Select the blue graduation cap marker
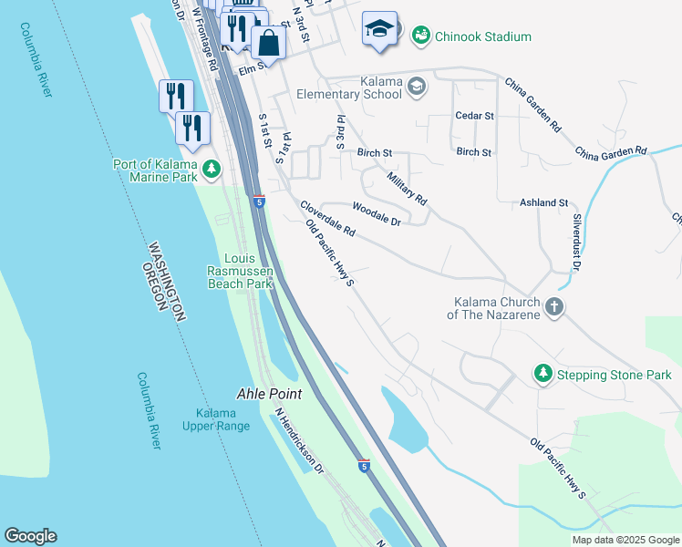click(x=379, y=29)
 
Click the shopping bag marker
click(x=269, y=42)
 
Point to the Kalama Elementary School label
click(x=349, y=88)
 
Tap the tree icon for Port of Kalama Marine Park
click(x=212, y=170)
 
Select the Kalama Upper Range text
click(x=216, y=419)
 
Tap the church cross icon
click(x=554, y=308)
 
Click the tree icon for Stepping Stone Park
click(x=542, y=374)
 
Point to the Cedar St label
click(x=474, y=117)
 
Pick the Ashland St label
click(x=544, y=202)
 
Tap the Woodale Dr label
click(x=377, y=214)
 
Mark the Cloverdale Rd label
click(x=327, y=220)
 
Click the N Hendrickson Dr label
click(x=299, y=440)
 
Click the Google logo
click(x=30, y=536)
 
